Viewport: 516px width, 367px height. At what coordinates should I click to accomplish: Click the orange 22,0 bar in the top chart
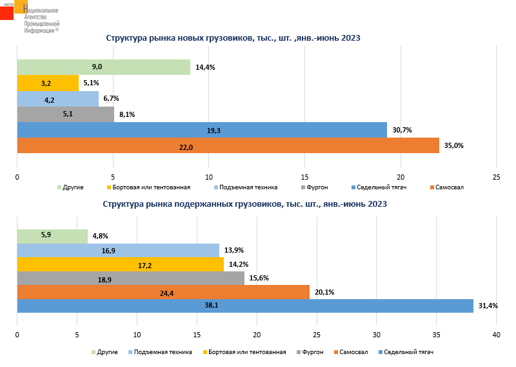pyautogui.click(x=228, y=146)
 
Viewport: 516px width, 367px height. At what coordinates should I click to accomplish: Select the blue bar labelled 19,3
pyautogui.click(x=201, y=130)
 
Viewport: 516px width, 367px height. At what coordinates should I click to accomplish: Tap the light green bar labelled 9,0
pyautogui.click(x=103, y=67)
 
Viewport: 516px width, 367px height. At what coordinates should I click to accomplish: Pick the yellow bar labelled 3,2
pyautogui.click(x=48, y=83)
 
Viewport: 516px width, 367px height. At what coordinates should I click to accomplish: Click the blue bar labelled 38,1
pyautogui.click(x=245, y=306)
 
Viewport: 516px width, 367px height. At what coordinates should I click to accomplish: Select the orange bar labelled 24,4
pyautogui.click(x=163, y=292)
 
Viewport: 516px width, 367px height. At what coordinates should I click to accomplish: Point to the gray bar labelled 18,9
pyautogui.click(x=130, y=278)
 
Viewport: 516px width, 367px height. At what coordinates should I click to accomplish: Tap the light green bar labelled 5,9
pyautogui.click(x=52, y=236)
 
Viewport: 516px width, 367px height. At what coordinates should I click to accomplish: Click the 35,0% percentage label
pyautogui.click(x=453, y=146)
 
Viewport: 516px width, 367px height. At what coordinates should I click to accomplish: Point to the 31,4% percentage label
pyautogui.click(x=488, y=306)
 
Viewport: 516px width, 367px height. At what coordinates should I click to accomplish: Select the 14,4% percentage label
pyautogui.click(x=204, y=67)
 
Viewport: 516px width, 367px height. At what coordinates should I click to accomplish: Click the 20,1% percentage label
pyautogui.click(x=324, y=292)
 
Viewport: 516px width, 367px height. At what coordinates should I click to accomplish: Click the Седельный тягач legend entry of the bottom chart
pyautogui.click(x=408, y=352)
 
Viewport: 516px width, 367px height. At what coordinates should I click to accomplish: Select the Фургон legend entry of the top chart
pyautogui.click(x=317, y=187)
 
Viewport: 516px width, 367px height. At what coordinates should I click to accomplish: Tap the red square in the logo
pyautogui.click(x=6, y=11)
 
